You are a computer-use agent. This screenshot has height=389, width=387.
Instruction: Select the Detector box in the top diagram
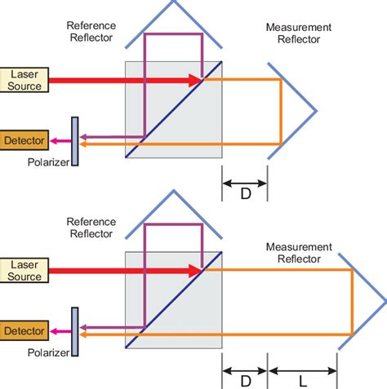25,139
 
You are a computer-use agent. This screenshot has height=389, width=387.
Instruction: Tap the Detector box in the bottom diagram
25,331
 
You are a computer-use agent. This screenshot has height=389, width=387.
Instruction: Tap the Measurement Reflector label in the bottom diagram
298,252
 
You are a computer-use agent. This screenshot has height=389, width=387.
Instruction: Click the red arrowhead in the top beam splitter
194,80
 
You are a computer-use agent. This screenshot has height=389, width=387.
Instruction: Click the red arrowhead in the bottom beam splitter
194,271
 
